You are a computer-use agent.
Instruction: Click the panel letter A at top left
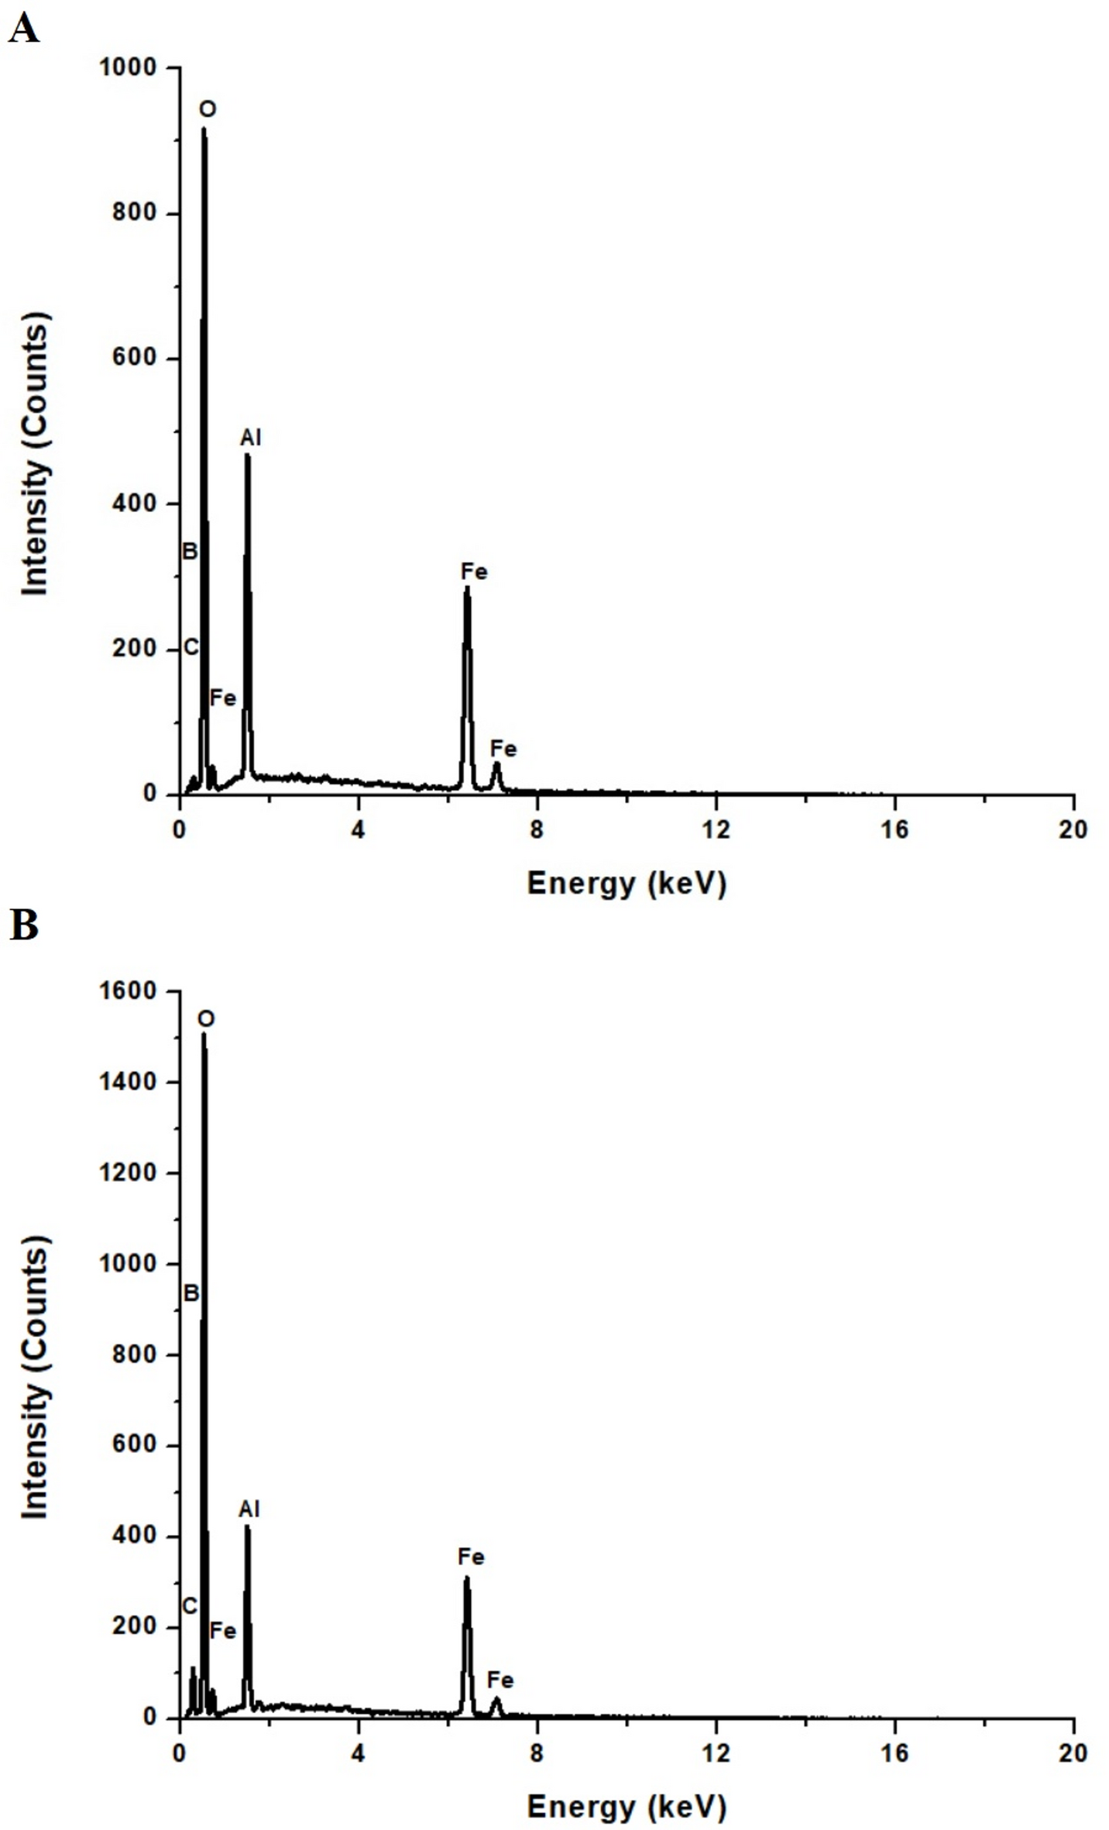tap(23, 30)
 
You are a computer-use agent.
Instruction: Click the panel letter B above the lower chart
tap(23, 925)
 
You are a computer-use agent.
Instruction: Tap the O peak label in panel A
tap(207, 109)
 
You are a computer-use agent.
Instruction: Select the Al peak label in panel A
tap(250, 438)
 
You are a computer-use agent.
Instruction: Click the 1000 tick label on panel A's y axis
tap(128, 67)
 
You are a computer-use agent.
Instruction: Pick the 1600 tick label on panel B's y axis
tap(128, 991)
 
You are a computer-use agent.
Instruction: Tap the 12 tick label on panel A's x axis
tap(716, 830)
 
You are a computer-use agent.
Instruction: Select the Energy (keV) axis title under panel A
tap(627, 883)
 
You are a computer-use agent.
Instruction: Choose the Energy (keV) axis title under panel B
tap(627, 1806)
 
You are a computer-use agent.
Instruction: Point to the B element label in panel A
tap(190, 551)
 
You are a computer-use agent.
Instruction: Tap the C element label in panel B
tap(190, 1607)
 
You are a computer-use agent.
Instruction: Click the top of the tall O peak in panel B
tap(204, 1035)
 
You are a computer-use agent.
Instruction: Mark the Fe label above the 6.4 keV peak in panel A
tap(473, 572)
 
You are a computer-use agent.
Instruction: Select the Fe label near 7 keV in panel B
tap(500, 1680)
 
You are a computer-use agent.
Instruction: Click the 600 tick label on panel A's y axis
tap(134, 358)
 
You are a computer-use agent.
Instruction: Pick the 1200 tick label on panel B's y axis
tap(128, 1173)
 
